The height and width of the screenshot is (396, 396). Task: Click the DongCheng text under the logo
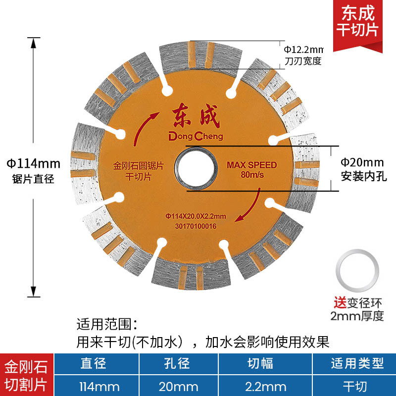(x=197, y=136)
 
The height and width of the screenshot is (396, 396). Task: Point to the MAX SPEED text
(x=251, y=165)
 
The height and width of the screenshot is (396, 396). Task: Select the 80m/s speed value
(x=251, y=175)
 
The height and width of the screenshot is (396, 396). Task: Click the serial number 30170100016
(x=196, y=226)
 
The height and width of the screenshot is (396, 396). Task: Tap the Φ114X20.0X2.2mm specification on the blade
(x=196, y=216)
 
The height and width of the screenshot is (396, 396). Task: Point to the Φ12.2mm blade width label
(x=303, y=49)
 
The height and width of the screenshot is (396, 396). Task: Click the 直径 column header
(x=94, y=364)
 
